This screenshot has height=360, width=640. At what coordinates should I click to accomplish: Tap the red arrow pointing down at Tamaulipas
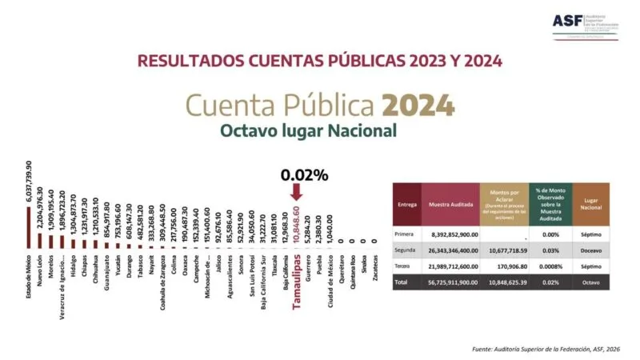296,192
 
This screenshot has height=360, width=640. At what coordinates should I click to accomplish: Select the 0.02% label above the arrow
303,174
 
